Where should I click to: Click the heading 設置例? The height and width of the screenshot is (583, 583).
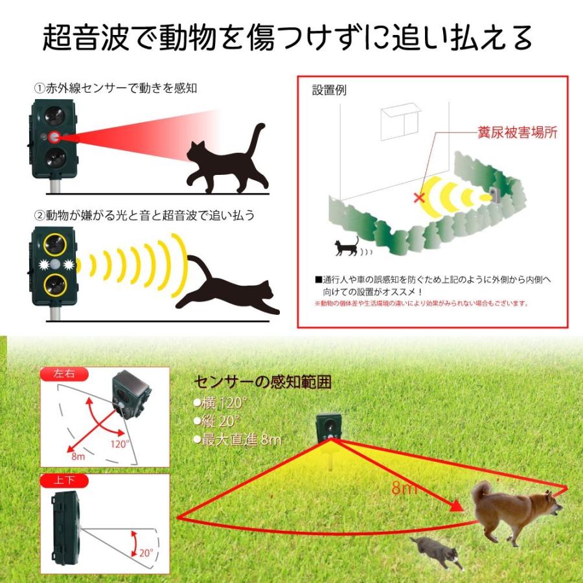[x=329, y=90]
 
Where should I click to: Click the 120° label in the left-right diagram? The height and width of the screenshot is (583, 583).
[x=119, y=444]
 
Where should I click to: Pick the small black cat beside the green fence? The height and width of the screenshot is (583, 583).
[x=346, y=247]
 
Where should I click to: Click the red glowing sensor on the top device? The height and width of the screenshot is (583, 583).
[x=54, y=137]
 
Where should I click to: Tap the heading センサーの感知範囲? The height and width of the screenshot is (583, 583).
[x=263, y=382]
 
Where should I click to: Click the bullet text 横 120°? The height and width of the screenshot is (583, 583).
[x=220, y=402]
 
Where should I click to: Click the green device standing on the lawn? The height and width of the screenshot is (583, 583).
[x=328, y=428]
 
